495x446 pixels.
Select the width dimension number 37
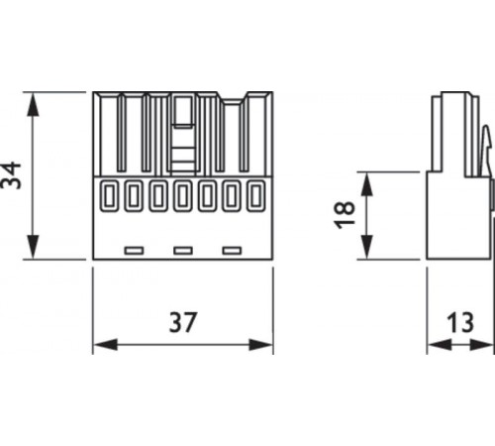(183, 322)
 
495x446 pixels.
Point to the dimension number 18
(345, 215)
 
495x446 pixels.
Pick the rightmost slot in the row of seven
(257, 195)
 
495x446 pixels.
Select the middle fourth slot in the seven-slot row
(182, 195)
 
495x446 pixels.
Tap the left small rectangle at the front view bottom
(134, 249)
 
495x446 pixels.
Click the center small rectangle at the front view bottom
(182, 249)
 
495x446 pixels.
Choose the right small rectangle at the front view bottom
(231, 249)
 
